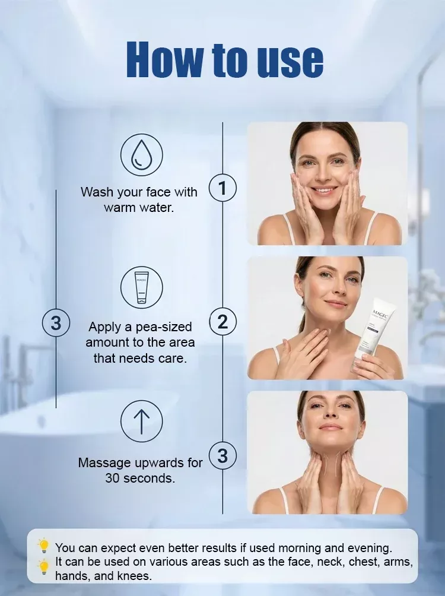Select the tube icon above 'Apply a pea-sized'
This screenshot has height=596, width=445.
coord(141,287)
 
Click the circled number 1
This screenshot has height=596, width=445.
coord(223,188)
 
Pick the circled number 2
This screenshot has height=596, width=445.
coord(223,322)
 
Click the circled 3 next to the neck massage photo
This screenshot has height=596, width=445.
coord(223,455)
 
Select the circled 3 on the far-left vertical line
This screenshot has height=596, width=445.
coord(56,323)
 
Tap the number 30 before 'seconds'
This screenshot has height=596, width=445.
coord(113,478)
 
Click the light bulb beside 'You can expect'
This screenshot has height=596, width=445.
coord(44,546)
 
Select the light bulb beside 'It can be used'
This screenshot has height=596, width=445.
coord(44,566)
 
